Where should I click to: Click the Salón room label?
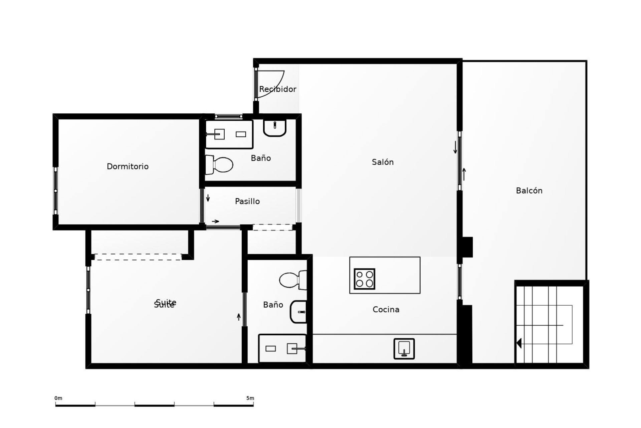[383, 162]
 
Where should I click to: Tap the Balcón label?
[529, 191]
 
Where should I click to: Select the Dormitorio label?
[128, 167]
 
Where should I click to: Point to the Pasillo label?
[247, 201]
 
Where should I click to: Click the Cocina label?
[386, 310]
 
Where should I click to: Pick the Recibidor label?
[277, 89]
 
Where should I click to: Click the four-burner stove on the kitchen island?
[364, 279]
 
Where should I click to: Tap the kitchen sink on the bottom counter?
[404, 349]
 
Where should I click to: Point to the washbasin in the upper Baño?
[275, 127]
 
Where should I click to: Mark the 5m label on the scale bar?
[250, 398]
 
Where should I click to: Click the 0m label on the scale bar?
[58, 398]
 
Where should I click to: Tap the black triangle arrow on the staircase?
[519, 343]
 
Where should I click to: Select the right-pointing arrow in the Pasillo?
[216, 221]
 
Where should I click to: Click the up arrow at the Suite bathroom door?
[239, 317]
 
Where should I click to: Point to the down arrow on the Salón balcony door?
[455, 147]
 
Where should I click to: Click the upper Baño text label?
[261, 158]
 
